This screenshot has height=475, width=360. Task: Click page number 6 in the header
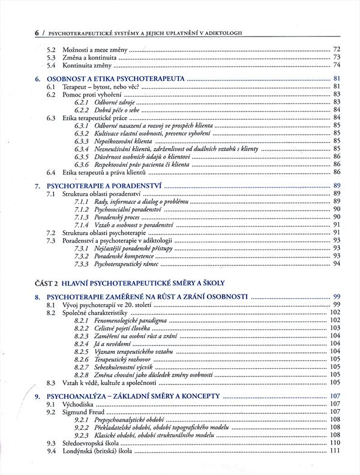pyautogui.click(x=38, y=32)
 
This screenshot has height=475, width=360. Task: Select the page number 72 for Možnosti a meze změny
pyautogui.click(x=337, y=49)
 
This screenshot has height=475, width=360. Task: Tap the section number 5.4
pyautogui.click(x=51, y=65)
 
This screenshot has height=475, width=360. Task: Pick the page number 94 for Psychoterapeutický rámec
pyautogui.click(x=337, y=263)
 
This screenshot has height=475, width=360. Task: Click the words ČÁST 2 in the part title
pyautogui.click(x=48, y=283)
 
